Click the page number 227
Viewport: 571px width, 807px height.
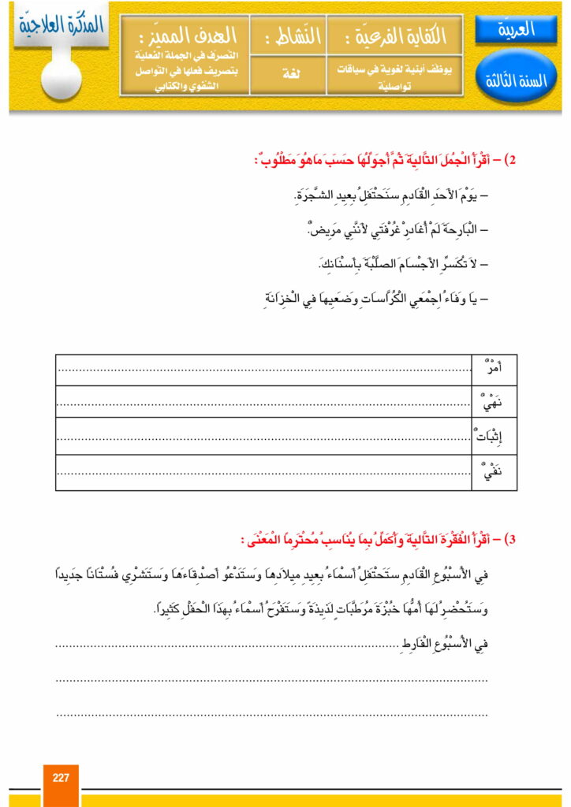point(61,777)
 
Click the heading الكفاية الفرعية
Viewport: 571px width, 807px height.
point(395,35)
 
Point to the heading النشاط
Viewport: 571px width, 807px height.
point(287,35)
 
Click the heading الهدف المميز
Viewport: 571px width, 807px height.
point(185,35)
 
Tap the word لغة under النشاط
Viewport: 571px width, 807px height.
point(287,72)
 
